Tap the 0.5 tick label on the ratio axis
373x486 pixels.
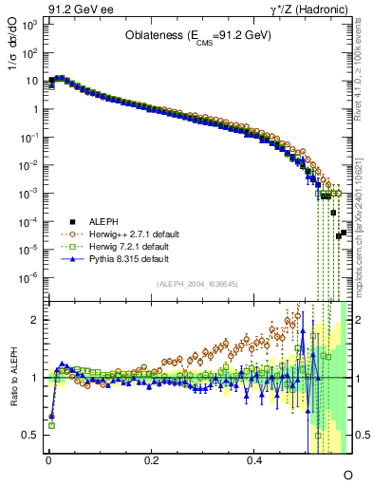click(x=28, y=435)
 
